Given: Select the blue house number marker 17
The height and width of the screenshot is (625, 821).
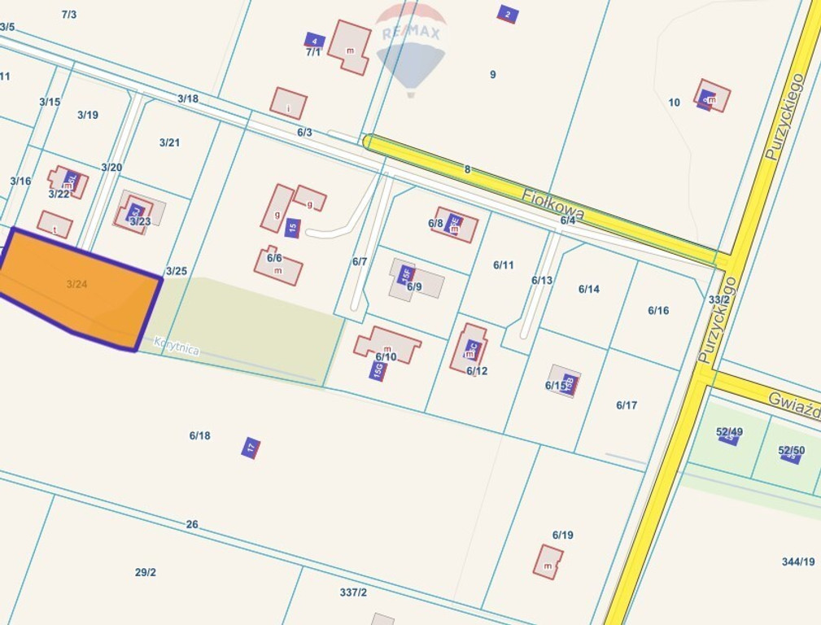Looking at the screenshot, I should [x=251, y=447].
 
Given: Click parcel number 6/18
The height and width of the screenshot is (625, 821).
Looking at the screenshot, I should [x=200, y=435].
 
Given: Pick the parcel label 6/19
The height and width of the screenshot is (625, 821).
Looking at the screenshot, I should [x=563, y=535].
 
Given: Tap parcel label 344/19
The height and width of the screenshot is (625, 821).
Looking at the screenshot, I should [x=797, y=562].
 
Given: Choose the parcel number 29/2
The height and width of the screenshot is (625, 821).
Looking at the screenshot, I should [x=146, y=572].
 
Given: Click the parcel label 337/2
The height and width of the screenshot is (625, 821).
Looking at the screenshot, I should [x=353, y=592].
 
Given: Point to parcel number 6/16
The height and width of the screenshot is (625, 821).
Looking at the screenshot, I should [x=658, y=310].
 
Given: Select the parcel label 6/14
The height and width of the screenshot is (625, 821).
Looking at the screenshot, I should [x=589, y=289].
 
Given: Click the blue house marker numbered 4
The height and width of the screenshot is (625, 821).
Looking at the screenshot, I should [x=314, y=41].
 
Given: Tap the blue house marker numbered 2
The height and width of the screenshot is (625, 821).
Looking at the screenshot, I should [x=508, y=14].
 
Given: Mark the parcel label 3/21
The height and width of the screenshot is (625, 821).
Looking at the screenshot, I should [x=169, y=142].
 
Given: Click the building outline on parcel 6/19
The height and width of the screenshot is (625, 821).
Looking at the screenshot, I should [x=548, y=562].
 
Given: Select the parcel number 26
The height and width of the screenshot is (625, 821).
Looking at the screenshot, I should [x=192, y=524].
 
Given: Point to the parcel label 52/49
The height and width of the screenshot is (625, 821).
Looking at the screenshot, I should [x=729, y=432].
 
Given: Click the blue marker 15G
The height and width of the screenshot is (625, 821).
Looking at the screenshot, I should [x=378, y=371].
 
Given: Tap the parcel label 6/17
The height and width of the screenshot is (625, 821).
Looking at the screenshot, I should [x=627, y=405].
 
